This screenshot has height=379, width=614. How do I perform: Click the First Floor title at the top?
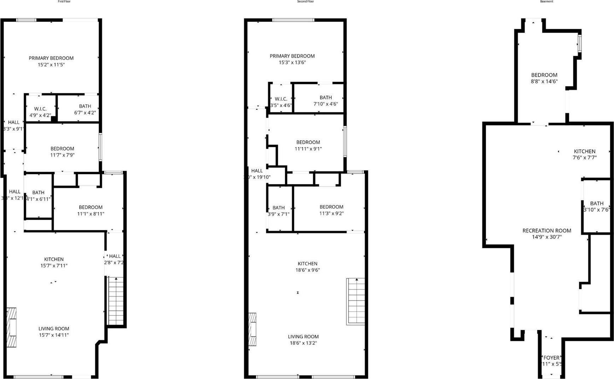coord(64,1)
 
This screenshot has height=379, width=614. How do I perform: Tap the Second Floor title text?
coord(305,1)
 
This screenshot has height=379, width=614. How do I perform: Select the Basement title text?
coord(546,1)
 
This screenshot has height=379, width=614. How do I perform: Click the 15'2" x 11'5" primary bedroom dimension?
coord(51,65)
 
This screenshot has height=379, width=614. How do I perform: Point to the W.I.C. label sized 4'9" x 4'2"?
coord(40,112)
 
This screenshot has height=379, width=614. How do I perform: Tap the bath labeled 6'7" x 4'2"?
coord(85,109)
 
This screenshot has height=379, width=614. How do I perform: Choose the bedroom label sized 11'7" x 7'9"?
coord(62,152)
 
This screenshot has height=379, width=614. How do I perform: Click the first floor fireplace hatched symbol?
coord(11,327)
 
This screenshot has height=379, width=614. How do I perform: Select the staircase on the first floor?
coord(116,301)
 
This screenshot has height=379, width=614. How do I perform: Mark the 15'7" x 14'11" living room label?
coord(54,332)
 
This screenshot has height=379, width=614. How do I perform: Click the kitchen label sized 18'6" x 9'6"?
coord(308,267)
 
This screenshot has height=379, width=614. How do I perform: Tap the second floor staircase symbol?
coord(356,301)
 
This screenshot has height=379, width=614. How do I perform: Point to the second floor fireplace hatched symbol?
coord(252,329)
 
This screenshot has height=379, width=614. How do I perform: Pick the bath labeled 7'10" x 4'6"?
coord(326,101)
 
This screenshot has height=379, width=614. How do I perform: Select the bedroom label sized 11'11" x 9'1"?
coord(308,145)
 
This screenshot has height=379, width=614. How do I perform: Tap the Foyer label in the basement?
coord(551,360)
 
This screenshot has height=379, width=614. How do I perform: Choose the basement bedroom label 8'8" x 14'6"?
coord(544,78)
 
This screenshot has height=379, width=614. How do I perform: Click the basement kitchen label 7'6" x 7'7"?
coord(585,154)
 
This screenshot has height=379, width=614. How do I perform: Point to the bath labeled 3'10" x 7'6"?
coord(597,206)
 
